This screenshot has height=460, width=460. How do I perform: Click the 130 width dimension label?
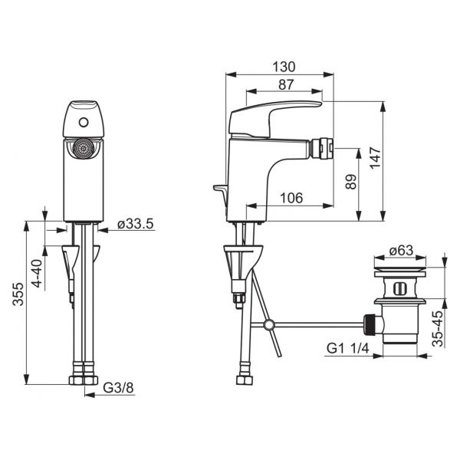pyautogui.click(x=284, y=67)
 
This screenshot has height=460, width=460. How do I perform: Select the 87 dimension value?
pyautogui.click(x=286, y=85)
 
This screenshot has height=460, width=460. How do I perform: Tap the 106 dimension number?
pyautogui.click(x=291, y=198)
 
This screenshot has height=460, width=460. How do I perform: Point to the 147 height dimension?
pyautogui.click(x=375, y=158)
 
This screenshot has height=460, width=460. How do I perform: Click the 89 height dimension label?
pyautogui.click(x=351, y=182)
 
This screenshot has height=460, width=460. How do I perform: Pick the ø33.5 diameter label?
pyautogui.click(x=135, y=224)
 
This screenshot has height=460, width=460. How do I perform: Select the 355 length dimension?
pyautogui.click(x=18, y=294)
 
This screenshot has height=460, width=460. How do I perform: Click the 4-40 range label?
pyautogui.click(x=38, y=274)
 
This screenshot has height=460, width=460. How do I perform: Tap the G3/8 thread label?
pyautogui.click(x=118, y=388)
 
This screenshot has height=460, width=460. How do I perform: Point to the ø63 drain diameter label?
pyautogui.click(x=401, y=251)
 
